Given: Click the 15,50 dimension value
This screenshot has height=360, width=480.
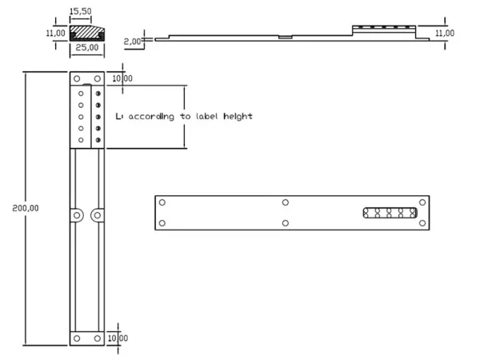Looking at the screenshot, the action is coord(81,11).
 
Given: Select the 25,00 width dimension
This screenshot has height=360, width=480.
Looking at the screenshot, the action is coord(87,47).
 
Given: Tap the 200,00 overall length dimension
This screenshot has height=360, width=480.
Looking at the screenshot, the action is coord(26,208).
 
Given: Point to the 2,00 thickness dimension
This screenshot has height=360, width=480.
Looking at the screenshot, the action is coord(132,42).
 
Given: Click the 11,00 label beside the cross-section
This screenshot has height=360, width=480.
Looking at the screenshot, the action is coord(55,33).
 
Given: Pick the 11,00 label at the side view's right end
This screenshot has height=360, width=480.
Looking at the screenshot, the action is coord(445,33).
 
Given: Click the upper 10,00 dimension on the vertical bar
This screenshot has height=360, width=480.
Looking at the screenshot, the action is coord(122,78).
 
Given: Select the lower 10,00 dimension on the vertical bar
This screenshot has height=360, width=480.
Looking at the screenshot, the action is coord(118,338).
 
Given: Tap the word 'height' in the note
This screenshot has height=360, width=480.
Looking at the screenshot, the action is coord(238,117).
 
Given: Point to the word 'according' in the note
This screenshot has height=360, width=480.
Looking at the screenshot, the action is coord(151,117).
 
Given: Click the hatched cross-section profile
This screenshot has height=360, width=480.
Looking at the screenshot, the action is coord(87,33).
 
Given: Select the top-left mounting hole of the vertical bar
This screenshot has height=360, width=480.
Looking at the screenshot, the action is coord(77,78).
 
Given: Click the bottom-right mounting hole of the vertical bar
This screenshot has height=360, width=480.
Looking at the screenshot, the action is coord(98,338).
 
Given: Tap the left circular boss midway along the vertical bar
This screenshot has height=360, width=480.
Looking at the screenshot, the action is coord(77,215).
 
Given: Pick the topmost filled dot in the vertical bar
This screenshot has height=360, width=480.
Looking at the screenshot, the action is coord(98,94).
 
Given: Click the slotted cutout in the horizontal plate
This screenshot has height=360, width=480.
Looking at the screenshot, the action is coord(390,213).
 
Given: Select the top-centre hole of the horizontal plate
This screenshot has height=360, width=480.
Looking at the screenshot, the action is coord(286,202).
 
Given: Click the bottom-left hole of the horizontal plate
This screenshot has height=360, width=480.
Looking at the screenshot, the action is coord(162,223).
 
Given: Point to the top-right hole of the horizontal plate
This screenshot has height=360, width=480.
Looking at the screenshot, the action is coord(422,202).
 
